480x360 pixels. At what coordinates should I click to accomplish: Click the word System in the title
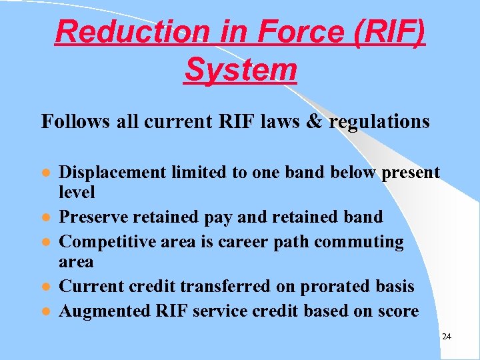coord(240,69)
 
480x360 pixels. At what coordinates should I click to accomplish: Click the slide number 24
coord(447,337)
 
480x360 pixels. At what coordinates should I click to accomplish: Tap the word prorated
coord(331,286)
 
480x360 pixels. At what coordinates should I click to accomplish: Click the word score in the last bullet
coord(397,311)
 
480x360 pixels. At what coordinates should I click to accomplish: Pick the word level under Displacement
coord(77,193)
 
